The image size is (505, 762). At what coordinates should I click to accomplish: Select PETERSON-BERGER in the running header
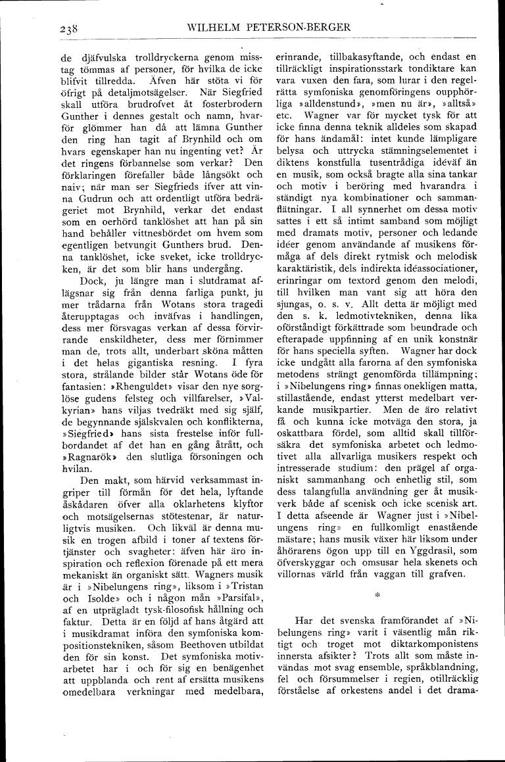[x=295, y=27]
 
